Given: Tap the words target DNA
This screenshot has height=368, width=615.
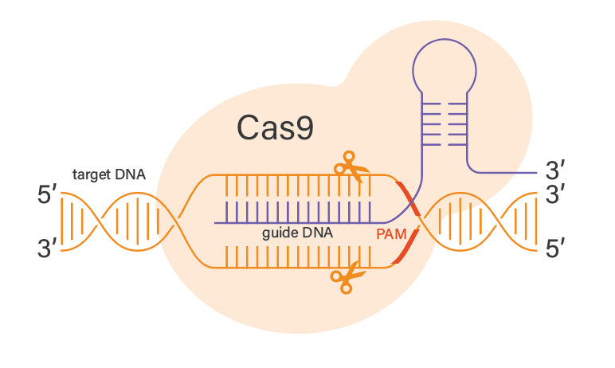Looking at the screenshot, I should (x=109, y=174).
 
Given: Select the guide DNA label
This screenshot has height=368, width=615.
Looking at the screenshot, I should (x=297, y=234).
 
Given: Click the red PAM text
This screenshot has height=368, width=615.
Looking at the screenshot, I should (x=391, y=235).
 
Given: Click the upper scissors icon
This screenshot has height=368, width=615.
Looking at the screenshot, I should (x=351, y=167).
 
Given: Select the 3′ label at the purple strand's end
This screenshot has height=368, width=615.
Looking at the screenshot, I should (x=555, y=170).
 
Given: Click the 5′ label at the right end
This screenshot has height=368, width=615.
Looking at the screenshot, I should (x=555, y=250).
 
